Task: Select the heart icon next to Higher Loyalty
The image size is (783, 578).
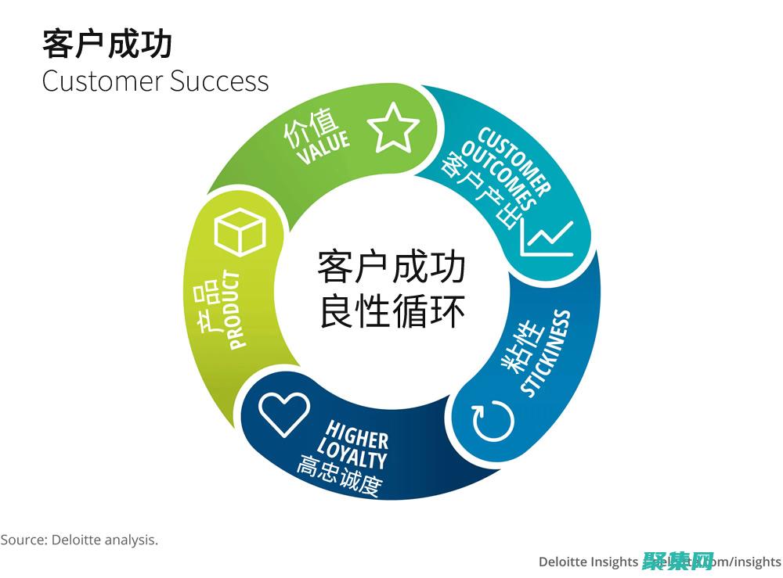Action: tap(284, 414)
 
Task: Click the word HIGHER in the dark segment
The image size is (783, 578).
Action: tap(357, 434)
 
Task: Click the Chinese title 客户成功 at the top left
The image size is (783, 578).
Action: tap(107, 45)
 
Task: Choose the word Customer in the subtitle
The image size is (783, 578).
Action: tap(103, 81)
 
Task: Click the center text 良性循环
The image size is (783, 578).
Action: tap(392, 312)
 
